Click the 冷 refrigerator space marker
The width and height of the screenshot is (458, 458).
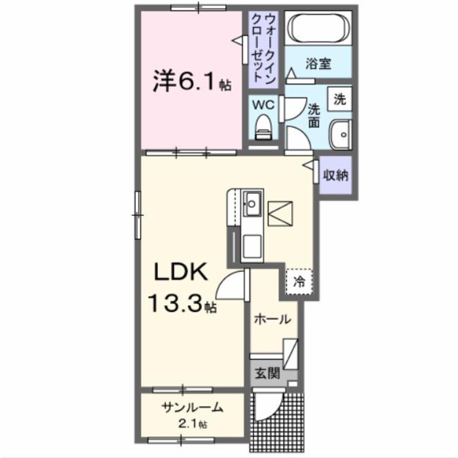tap(299, 280)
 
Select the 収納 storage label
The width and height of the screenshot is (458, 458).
tap(336, 175)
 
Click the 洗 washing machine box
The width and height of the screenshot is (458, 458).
tap(339, 99)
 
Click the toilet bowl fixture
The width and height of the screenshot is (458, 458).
tap(264, 126)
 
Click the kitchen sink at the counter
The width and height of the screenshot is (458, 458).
tap(252, 203)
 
